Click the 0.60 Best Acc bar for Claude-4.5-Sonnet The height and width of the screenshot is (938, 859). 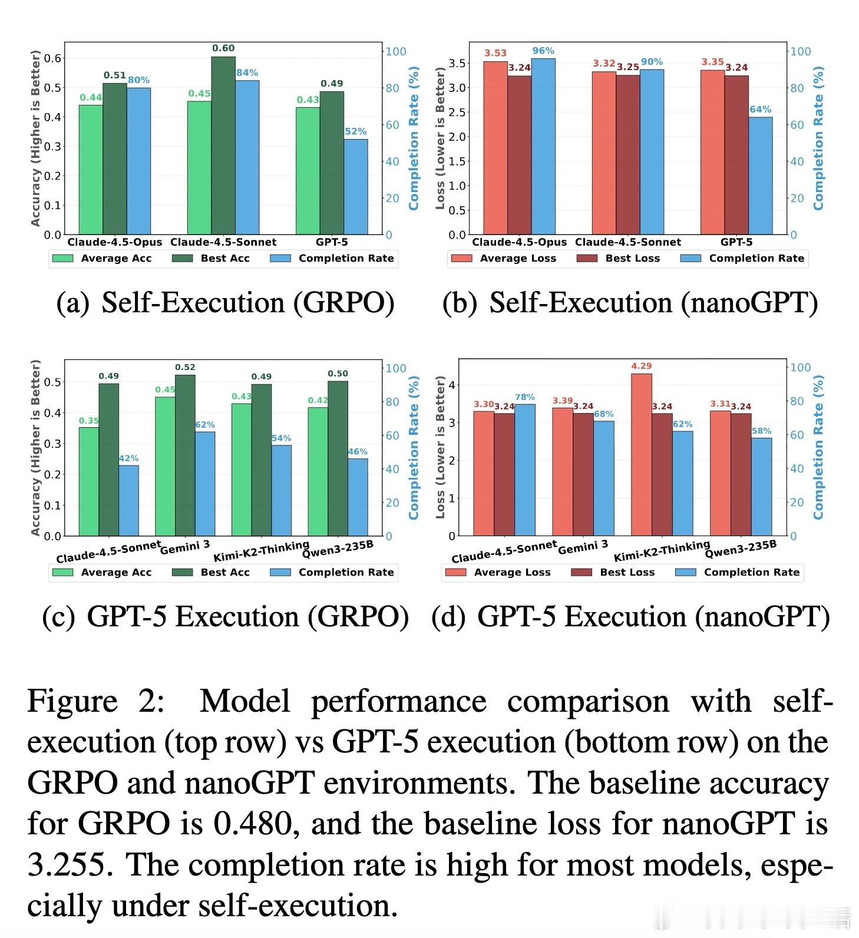(223, 146)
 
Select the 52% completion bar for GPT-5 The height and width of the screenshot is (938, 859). (356, 187)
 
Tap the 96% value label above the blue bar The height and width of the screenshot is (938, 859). (543, 51)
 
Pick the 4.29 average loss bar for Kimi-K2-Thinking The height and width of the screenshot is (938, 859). (642, 454)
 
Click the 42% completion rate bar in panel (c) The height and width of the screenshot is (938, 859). (128, 500)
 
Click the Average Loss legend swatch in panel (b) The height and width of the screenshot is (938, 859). (461, 258)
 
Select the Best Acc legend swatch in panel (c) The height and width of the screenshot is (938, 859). (183, 572)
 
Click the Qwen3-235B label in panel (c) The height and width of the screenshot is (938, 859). (338, 548)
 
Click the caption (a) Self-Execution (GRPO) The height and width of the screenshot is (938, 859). (225, 303)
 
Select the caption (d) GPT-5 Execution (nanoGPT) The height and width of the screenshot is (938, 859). (630, 617)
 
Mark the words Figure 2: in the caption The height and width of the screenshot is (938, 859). (95, 701)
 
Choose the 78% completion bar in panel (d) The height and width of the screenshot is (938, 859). (525, 470)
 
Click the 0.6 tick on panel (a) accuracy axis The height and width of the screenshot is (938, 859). (56, 58)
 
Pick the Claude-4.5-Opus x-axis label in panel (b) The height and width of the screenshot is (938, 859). (519, 242)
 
